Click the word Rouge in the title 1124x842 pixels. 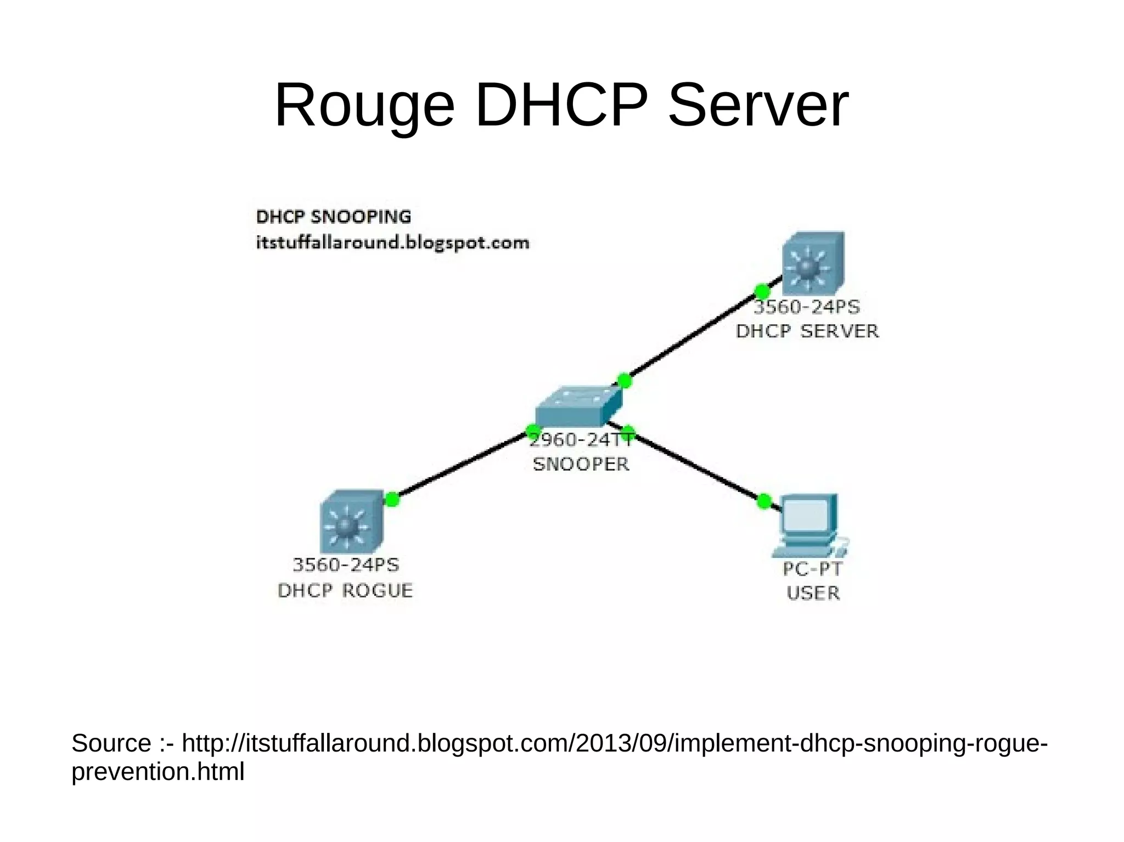point(364,105)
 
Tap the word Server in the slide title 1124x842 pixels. point(758,105)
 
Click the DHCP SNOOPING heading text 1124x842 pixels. point(333,217)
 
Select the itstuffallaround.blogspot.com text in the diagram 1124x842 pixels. point(392,242)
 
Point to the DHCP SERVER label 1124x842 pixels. point(807,331)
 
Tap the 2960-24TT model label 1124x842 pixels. point(580,439)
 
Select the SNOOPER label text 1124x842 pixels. point(581,464)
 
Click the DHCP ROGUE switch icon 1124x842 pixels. point(351,522)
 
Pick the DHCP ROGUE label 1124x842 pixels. point(345,591)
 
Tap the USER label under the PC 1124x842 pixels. point(813,593)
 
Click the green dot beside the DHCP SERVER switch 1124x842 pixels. point(762,291)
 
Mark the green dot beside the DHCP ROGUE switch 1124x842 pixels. point(392,499)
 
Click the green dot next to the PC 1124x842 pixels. point(763,501)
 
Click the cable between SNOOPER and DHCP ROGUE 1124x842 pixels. point(461,466)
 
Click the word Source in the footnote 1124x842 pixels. point(111,743)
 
